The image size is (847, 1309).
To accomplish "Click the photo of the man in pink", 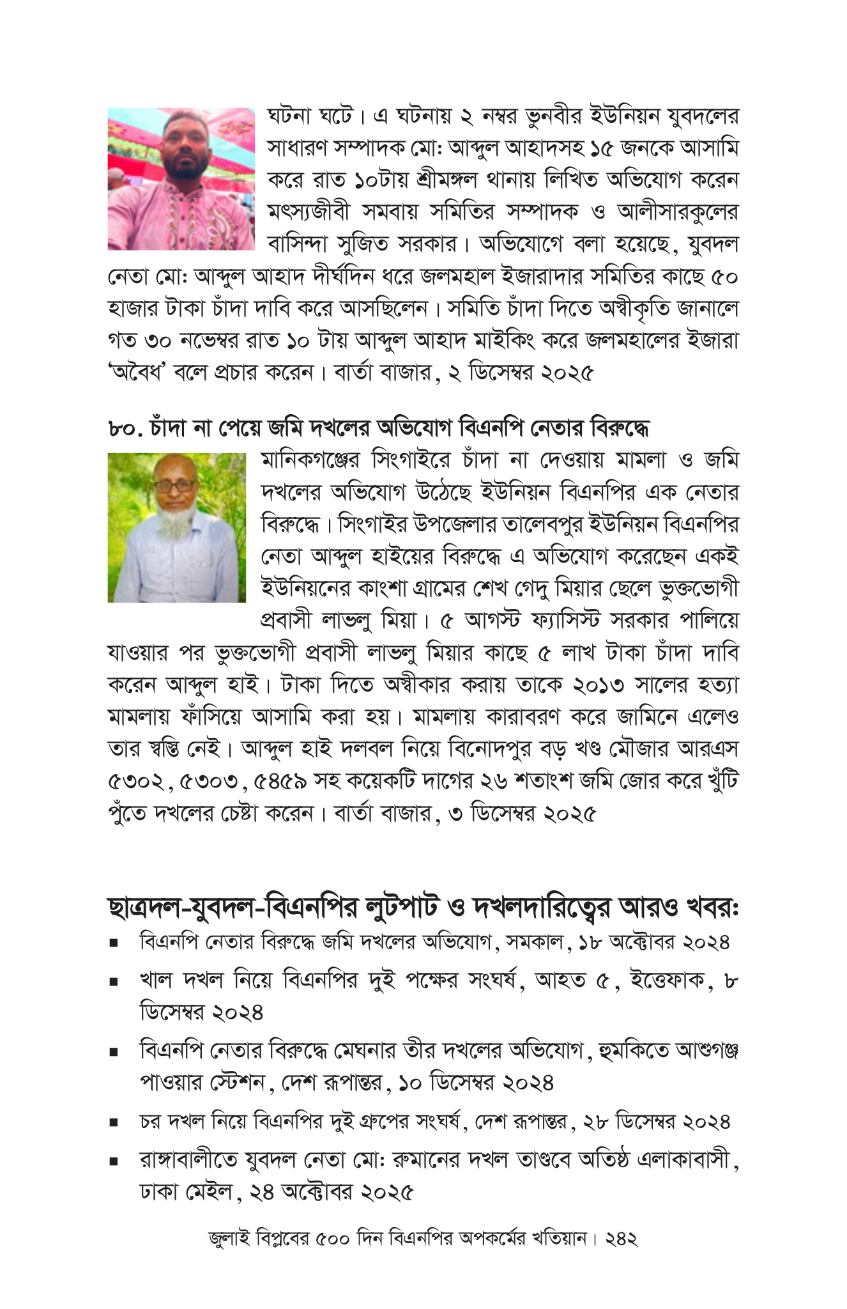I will (181, 178).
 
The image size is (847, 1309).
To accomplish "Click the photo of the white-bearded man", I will (176, 527).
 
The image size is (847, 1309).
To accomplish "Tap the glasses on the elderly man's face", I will (176, 486).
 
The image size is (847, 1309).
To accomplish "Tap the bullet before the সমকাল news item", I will (114, 943).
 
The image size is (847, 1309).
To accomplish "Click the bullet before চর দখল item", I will (114, 1122).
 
